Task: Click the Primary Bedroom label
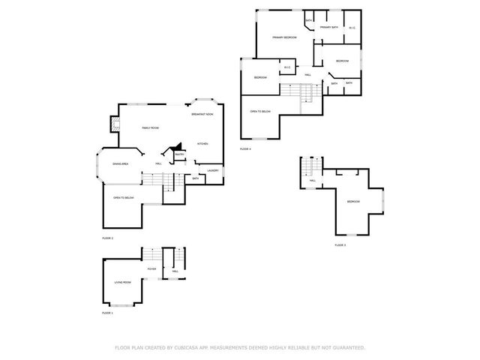pos(284,37)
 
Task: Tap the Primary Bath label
pos(329,28)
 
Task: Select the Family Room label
pos(151,128)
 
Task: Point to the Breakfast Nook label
pos(202,114)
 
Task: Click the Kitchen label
pos(202,144)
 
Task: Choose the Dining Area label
pos(120,163)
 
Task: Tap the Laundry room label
pos(212,170)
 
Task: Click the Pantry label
pos(180,155)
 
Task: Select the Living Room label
pos(122,282)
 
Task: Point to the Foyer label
pos(151,268)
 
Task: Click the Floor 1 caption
pos(107,313)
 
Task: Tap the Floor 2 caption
pos(107,238)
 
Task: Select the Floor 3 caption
pos(340,245)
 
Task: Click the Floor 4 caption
pos(245,149)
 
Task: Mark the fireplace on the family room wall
pos(114,123)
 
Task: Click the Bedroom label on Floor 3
pos(353,202)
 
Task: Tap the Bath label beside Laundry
pos(195,178)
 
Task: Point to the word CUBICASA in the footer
pos(185,348)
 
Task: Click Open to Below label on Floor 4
pos(260,112)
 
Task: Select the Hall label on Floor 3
pos(312,181)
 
